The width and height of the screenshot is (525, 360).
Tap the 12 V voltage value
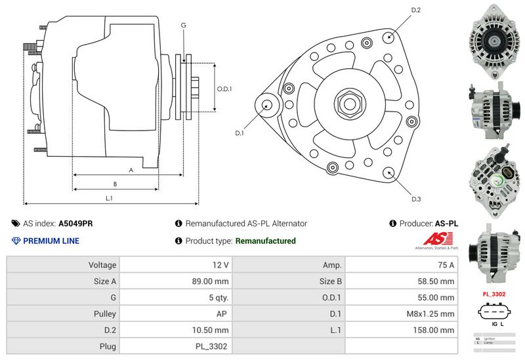[x=221, y=265]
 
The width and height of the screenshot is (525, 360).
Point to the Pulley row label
[x=105, y=313]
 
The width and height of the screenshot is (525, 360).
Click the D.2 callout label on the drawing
[x=415, y=10]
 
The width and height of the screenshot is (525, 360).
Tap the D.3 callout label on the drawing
[x=416, y=199]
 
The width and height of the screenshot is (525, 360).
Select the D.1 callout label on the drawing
[x=240, y=133]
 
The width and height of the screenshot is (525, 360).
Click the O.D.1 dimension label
[x=224, y=89]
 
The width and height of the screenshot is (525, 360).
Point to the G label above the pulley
[x=184, y=25]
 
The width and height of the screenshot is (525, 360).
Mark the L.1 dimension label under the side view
[x=110, y=197]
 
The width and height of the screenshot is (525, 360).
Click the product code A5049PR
[x=75, y=223]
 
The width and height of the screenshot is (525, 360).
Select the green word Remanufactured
[x=265, y=241]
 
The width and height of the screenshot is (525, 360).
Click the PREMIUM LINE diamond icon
[x=16, y=241]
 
